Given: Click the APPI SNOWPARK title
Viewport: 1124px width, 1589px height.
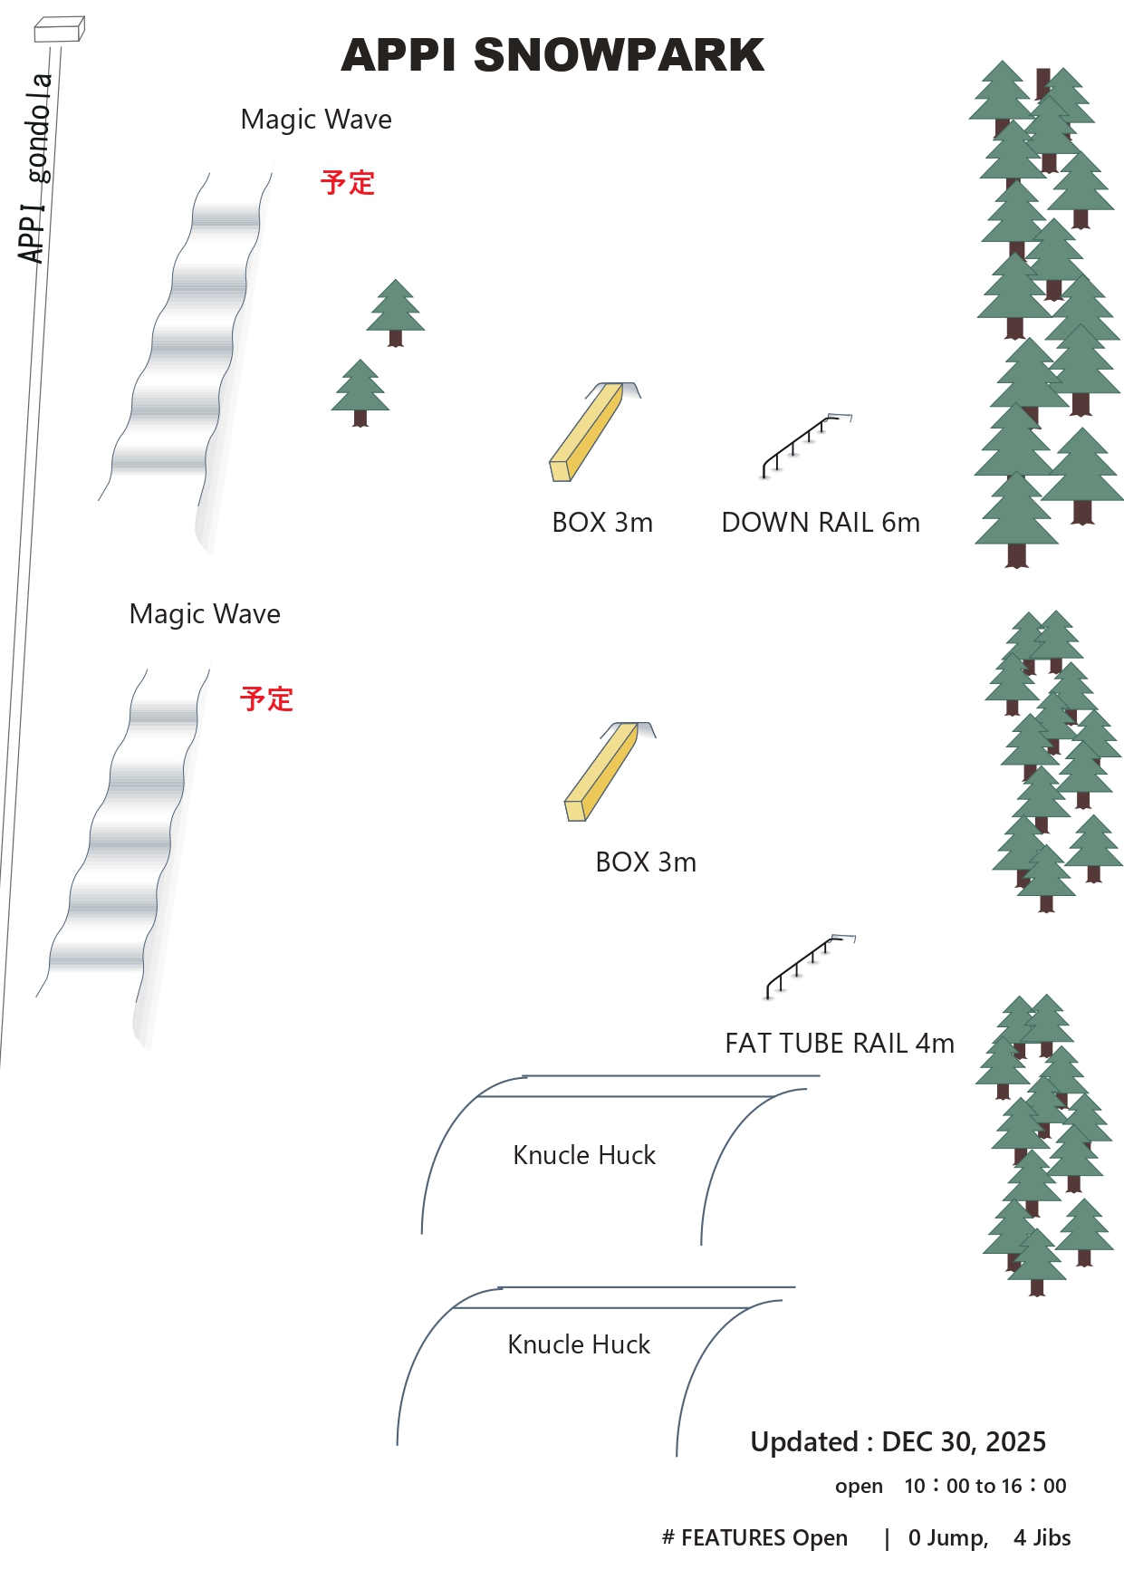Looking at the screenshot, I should [552, 55].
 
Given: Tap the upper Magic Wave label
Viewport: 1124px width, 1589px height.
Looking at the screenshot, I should [316, 120].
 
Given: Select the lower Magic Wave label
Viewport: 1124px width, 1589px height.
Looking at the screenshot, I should [205, 614].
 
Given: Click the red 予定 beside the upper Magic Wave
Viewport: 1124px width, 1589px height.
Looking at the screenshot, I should [347, 183].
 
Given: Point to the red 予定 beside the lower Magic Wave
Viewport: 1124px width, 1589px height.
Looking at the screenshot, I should [266, 699].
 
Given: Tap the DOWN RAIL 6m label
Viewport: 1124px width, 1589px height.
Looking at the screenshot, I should [821, 523].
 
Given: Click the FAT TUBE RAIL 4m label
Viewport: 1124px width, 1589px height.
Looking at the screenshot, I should [840, 1044].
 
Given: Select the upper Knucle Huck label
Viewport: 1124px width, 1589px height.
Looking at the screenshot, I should [584, 1155].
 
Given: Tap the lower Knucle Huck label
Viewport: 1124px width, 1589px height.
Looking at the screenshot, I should [579, 1344].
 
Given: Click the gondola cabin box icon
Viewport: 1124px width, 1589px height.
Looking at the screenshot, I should [59, 30].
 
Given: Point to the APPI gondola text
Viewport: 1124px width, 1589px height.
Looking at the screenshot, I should [35, 168].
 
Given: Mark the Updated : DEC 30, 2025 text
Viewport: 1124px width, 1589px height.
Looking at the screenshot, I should [898, 1441].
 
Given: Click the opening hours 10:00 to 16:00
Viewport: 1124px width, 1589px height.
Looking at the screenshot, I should [985, 1486].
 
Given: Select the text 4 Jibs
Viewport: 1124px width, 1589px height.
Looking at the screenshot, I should [1042, 1537].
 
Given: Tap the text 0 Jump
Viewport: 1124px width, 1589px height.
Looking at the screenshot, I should [947, 1537].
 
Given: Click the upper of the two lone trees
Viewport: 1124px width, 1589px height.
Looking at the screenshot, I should [396, 312].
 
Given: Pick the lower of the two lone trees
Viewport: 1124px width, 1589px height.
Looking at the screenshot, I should [360, 391].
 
